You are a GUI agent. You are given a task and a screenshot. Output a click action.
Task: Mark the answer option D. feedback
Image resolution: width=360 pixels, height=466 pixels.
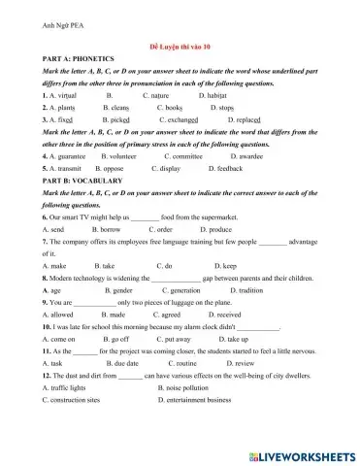pyautogui.click(x=222, y=168)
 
